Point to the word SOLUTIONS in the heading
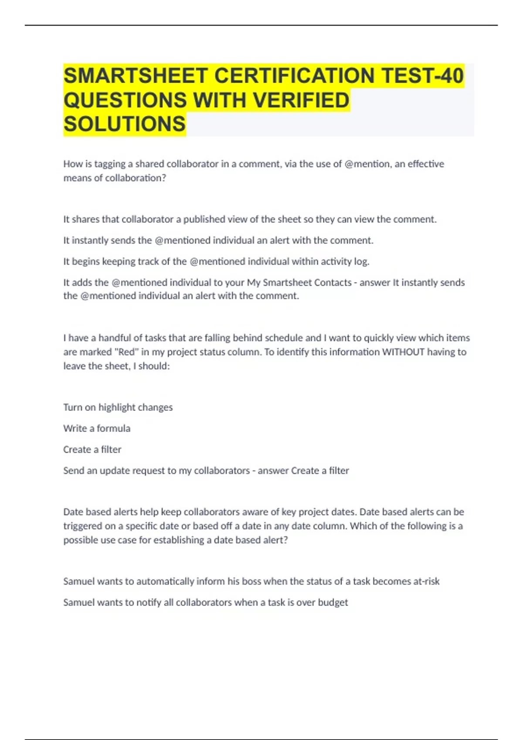point(125,124)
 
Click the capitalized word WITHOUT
point(403,352)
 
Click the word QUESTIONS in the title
point(125,100)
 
